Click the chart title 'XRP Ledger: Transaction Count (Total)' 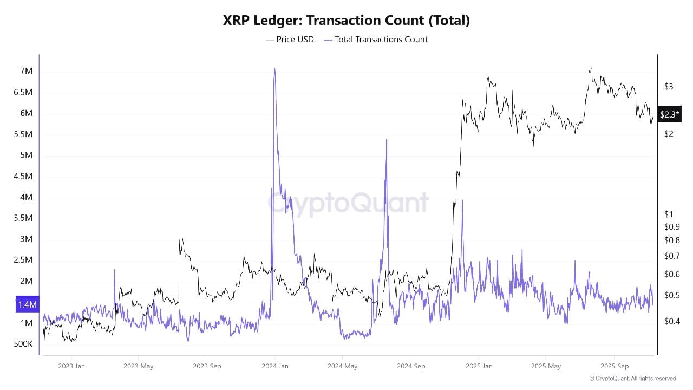[x=346, y=21]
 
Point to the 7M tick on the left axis [x=27, y=71]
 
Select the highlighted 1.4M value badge [x=27, y=305]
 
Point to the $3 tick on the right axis [x=669, y=87]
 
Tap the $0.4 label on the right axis [x=671, y=321]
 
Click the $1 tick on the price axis [x=669, y=214]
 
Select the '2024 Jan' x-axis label [x=275, y=366]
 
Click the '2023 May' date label [x=139, y=366]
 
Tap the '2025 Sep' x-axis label [x=614, y=366]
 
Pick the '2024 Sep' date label [x=411, y=366]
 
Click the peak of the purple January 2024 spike [x=274, y=69]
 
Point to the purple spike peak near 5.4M [x=387, y=140]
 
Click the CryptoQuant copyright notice [x=632, y=379]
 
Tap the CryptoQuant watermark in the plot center [x=349, y=203]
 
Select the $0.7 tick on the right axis [x=671, y=256]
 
